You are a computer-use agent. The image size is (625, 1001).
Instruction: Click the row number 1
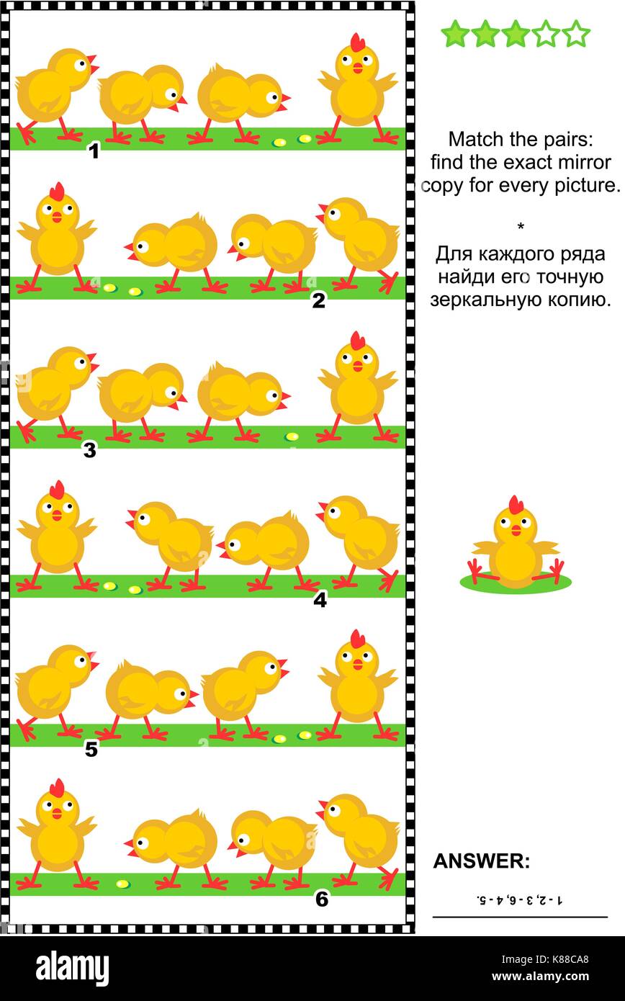point(93,151)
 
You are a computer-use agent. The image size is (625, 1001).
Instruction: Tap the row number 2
point(318,301)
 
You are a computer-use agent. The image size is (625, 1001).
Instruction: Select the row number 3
point(89,451)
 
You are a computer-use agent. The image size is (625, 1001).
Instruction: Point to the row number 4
point(320,599)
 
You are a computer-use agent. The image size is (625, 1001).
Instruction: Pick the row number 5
point(91,750)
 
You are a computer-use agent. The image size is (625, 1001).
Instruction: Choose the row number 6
point(322,899)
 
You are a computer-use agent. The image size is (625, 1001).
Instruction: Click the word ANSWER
point(481,861)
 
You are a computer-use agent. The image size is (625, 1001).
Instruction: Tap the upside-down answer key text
point(519,899)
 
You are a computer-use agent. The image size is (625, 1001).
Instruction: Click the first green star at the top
point(454,34)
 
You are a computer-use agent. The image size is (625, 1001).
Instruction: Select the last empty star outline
point(576,34)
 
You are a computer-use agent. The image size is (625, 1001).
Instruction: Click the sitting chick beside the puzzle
point(515,547)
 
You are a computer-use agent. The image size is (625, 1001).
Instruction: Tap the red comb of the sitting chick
point(516,504)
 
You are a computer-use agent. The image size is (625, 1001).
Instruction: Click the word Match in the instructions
point(471,138)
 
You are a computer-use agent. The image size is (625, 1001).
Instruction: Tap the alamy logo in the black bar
point(72,968)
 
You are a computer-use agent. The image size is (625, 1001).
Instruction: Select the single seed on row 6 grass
point(122,884)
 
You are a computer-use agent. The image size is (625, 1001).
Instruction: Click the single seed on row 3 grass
point(292,436)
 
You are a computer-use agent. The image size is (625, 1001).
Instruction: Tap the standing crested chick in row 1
point(357,86)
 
